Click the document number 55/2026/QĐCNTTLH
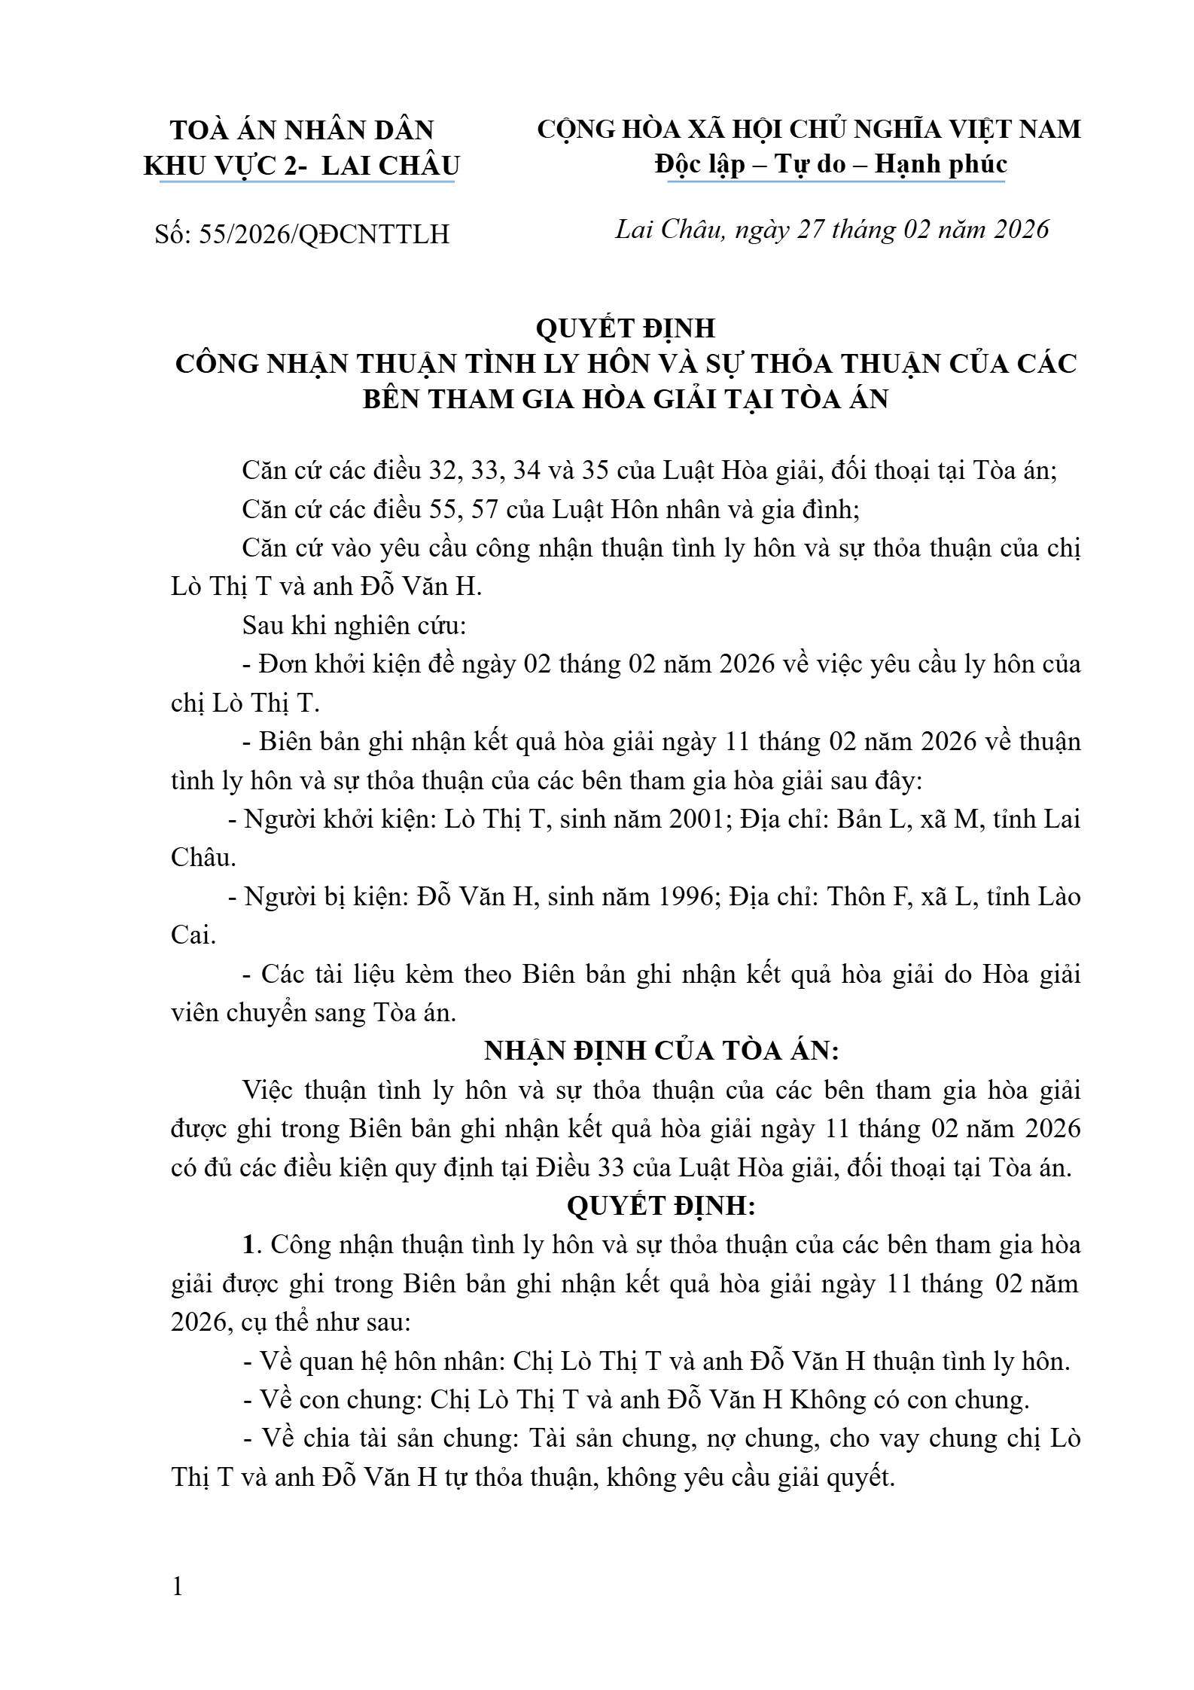pyautogui.click(x=324, y=235)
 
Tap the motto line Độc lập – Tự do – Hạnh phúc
pyautogui.click(x=830, y=164)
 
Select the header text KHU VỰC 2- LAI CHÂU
pyautogui.click(x=301, y=166)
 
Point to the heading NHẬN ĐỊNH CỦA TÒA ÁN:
pyautogui.click(x=661, y=1051)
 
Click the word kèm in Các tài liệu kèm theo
pyautogui.click(x=427, y=974)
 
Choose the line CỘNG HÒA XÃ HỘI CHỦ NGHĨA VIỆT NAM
pyautogui.click(x=809, y=130)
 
